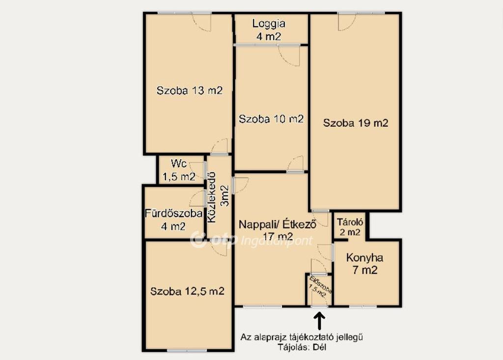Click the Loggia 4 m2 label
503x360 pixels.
point(269,30)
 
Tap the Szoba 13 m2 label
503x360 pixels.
point(190,90)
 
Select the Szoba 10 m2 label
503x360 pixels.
point(271,119)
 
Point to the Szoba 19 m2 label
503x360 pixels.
point(356,123)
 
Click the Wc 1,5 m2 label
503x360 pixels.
point(179,170)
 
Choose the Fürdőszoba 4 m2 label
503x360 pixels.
point(173,220)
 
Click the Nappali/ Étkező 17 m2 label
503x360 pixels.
point(278,230)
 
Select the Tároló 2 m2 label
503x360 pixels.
point(350,227)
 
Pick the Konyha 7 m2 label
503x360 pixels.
point(365,264)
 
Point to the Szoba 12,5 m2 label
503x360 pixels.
point(187,291)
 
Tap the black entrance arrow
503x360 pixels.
point(319,322)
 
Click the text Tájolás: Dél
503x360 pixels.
point(302,347)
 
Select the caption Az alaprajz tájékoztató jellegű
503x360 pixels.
point(302,337)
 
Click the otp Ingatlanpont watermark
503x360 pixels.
point(251,239)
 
